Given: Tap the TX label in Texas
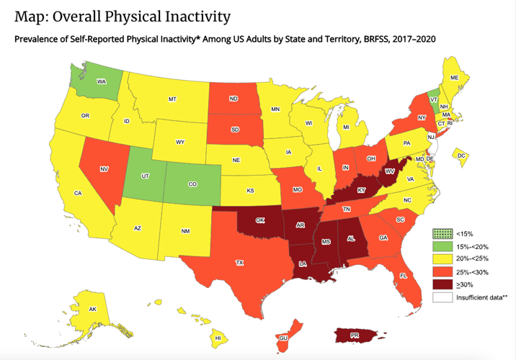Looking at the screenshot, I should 239,263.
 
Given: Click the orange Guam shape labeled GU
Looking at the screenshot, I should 284,336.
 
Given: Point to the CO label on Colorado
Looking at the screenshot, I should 192,184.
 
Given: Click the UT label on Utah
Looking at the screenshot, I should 144,176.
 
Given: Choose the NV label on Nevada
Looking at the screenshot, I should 104,169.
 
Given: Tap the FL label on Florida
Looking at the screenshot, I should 403,275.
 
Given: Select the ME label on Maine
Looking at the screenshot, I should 454,77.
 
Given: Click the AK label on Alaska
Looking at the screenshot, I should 92,309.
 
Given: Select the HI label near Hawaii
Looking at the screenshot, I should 217,338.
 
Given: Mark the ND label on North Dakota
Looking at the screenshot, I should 233,99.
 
